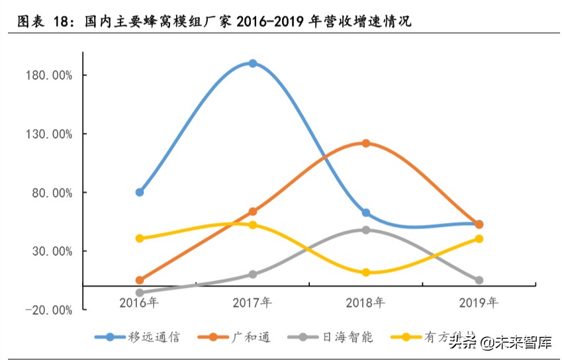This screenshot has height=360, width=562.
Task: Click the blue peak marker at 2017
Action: click(252, 64)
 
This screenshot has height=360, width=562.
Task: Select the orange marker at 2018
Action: click(365, 144)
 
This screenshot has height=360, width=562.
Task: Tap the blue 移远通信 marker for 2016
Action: click(140, 192)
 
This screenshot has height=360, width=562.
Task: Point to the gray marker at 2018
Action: click(365, 230)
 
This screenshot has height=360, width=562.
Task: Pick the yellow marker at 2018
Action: click(365, 272)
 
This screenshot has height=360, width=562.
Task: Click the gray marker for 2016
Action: click(140, 292)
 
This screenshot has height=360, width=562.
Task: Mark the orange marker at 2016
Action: click(140, 281)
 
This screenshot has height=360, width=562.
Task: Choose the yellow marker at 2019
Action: click(479, 238)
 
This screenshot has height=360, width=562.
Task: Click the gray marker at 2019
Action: click(479, 281)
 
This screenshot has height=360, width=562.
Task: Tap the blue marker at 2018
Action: click(365, 212)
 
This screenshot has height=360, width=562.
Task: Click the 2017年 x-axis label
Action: click(252, 302)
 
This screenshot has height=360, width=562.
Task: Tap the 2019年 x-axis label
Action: click(479, 302)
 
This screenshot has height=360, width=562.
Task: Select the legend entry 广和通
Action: click(251, 337)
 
